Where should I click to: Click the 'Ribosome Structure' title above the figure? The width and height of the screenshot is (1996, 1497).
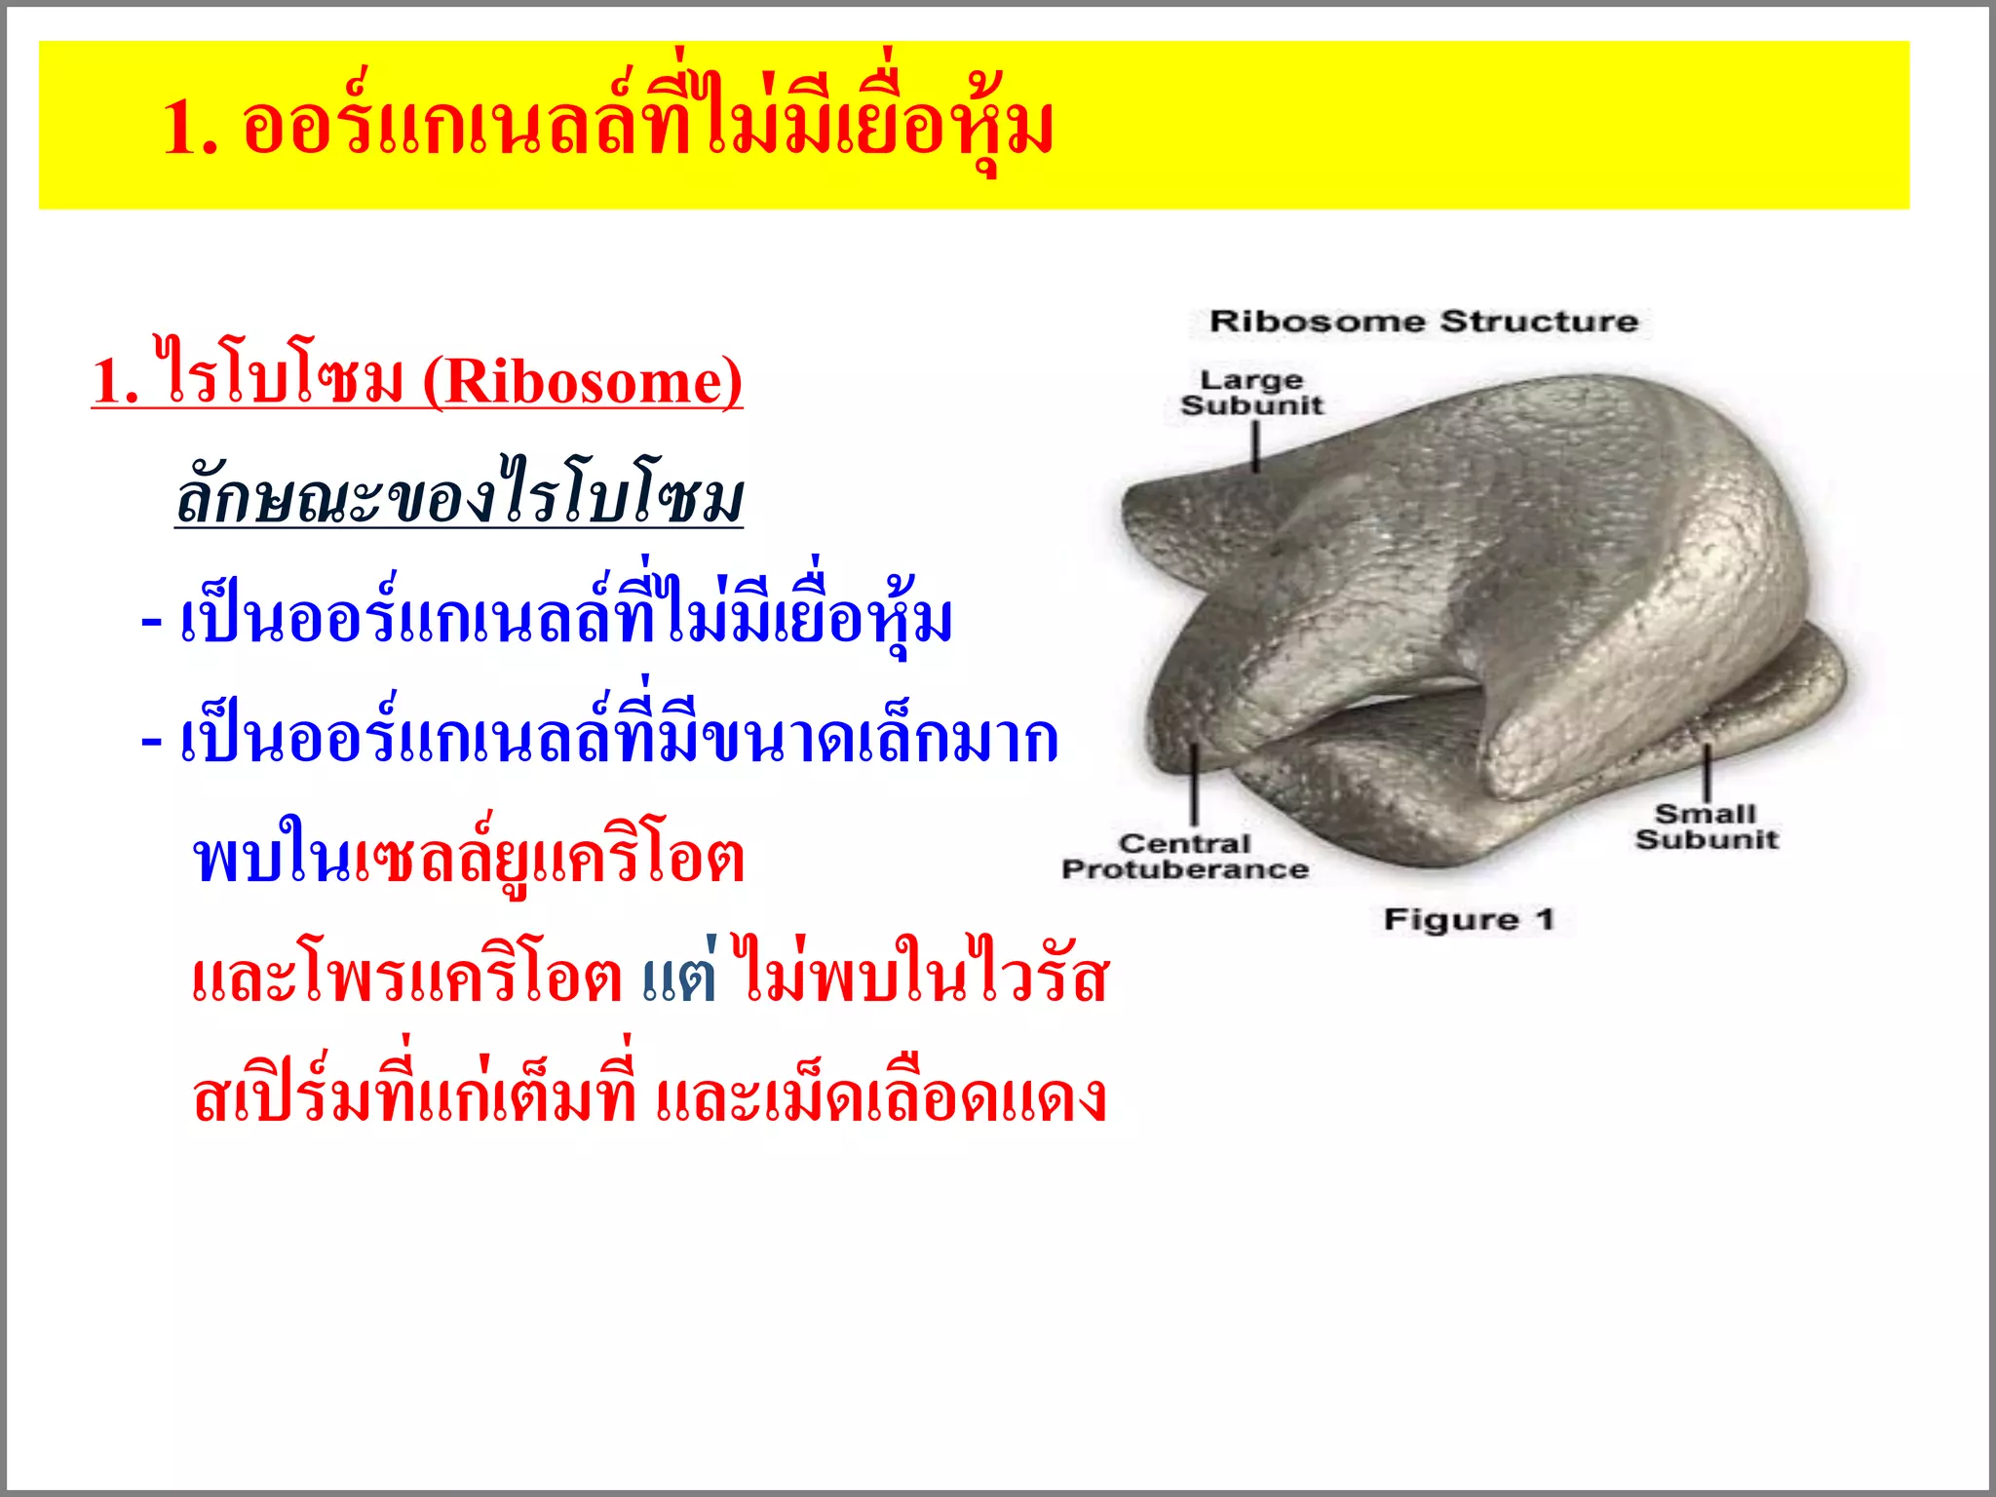pos(1423,321)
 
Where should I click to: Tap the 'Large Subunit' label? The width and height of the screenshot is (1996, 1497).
pos(1251,393)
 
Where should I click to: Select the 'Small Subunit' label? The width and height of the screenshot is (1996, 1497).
pos(1707,826)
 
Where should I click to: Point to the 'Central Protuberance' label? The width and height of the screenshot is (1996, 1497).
pos(1184,857)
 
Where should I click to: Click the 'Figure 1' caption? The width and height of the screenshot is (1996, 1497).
pos(1469,919)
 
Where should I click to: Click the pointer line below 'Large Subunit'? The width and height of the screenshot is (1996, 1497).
pos(1256,447)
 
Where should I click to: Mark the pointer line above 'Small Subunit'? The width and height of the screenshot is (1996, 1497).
pos(1707,771)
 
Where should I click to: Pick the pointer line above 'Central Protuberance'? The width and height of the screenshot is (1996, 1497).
pos(1194,786)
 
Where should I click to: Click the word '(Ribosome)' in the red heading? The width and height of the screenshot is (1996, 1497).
pos(582,382)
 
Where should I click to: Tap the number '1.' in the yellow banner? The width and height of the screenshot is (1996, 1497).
pos(190,128)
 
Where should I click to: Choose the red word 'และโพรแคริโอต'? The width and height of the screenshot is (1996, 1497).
pos(406,979)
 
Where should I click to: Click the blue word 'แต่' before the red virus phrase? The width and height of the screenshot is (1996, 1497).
pos(680,979)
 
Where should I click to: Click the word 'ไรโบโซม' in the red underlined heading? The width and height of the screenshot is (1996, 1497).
pos(283,378)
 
